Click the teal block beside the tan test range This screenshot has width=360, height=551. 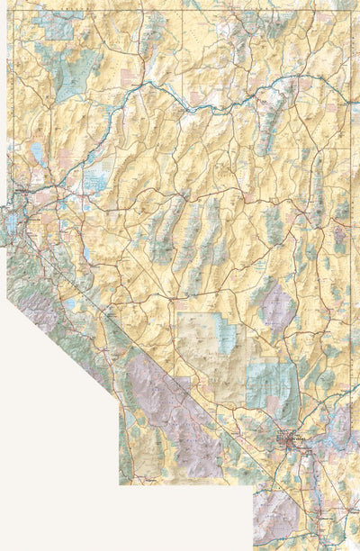click(x=224, y=336)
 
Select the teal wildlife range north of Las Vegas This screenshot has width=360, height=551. click(x=270, y=383)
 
